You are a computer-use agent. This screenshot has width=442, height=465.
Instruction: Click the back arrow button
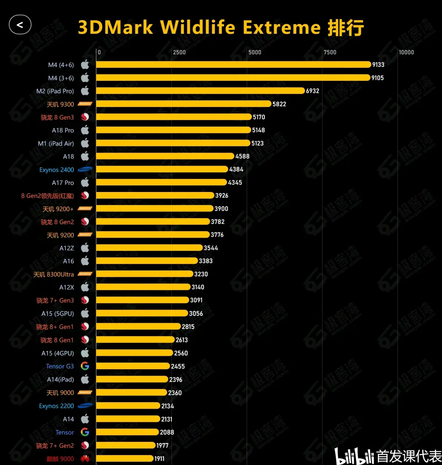pos(20,25)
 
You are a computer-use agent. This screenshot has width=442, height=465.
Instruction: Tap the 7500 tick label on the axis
pos(330,52)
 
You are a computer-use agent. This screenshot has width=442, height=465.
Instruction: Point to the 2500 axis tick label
pos(179,52)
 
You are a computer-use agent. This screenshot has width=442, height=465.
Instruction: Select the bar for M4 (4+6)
pos(234,65)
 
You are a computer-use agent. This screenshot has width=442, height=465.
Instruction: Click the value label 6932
pos(312,91)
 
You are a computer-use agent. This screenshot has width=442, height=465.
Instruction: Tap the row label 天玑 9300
pos(60,104)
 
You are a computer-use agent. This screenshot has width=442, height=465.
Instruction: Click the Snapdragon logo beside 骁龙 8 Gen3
pos(85,117)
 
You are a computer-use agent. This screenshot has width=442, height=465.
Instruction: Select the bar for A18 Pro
pos(174,130)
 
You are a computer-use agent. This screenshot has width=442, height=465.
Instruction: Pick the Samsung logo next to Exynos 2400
pos(85,169)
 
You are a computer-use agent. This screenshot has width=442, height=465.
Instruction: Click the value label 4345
pos(235,182)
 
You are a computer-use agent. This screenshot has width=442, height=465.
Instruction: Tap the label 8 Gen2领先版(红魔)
pos(47,196)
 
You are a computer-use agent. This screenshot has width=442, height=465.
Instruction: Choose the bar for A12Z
pos(149,248)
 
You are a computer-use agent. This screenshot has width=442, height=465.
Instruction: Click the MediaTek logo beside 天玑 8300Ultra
pos(85,274)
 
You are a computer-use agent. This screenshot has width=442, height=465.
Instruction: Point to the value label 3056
pos(196,313)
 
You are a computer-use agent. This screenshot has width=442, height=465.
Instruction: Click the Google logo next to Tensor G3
pos(85,366)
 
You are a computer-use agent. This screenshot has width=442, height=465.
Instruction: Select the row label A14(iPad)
pos(60,380)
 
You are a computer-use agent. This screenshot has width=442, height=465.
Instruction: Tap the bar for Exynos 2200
pos(128,406)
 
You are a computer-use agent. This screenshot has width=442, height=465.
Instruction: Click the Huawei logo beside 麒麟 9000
pos(85,459)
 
